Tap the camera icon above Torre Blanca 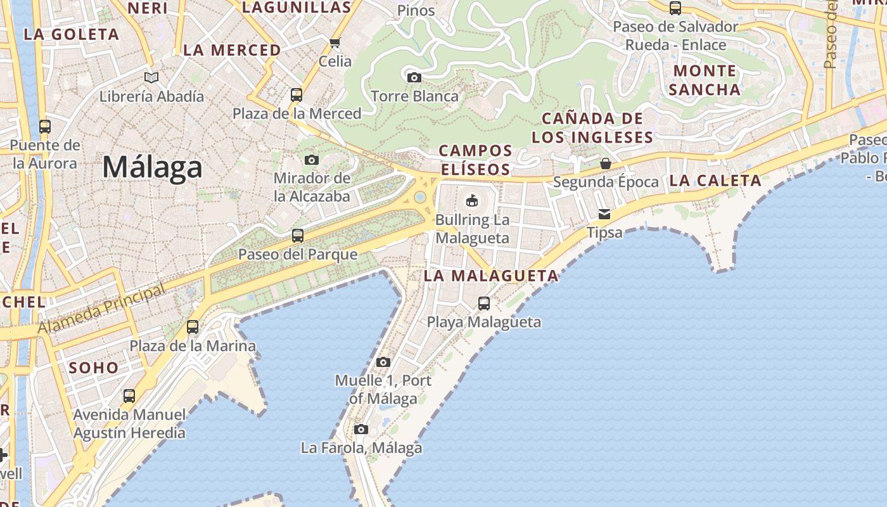[x=414, y=77]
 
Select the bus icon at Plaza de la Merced [x=296, y=95]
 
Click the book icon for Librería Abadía [x=151, y=77]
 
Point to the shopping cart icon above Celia [x=335, y=42]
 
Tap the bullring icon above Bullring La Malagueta [x=471, y=201]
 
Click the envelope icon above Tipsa [x=604, y=214]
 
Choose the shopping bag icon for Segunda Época [x=606, y=164]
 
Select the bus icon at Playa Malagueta [x=483, y=303]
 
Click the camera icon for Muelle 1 [x=383, y=362]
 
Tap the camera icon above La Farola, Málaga [x=361, y=429]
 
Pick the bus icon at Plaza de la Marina [x=193, y=327]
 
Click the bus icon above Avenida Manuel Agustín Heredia [x=129, y=396]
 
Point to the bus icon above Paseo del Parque [x=297, y=236]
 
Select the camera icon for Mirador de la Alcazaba [x=311, y=160]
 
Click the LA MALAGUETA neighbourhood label [x=491, y=276]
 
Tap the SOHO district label [x=94, y=368]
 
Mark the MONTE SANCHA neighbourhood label [x=705, y=80]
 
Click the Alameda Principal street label [x=101, y=309]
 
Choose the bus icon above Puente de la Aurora [x=44, y=126]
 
